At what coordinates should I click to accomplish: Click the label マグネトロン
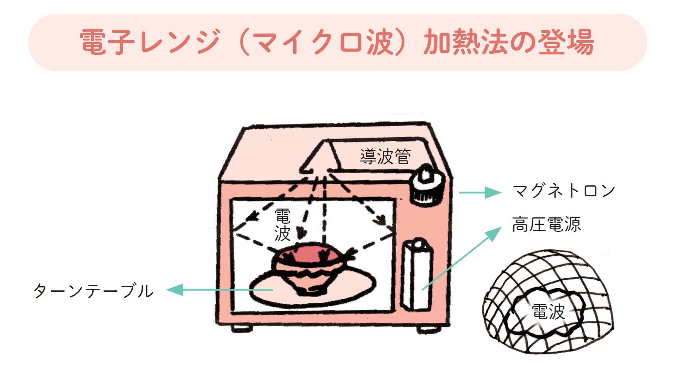(564, 191)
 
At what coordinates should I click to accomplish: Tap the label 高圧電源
(546, 224)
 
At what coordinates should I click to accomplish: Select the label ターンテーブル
(94, 291)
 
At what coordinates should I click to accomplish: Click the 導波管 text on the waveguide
(385, 157)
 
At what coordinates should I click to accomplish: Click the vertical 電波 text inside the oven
(283, 225)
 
